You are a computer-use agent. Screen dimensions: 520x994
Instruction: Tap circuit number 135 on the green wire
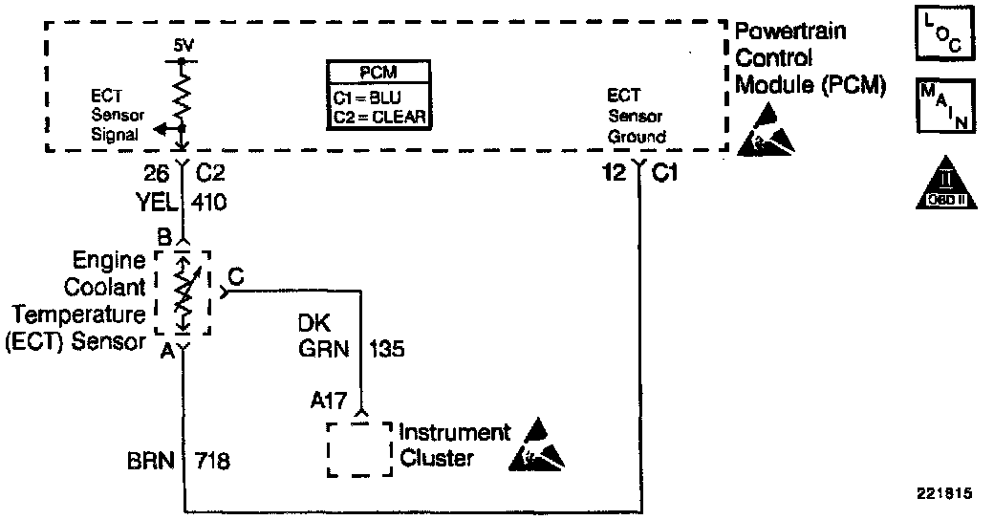click(387, 349)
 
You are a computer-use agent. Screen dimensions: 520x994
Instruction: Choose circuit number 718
click(212, 460)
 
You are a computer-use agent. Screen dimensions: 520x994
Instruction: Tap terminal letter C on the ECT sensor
click(234, 277)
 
